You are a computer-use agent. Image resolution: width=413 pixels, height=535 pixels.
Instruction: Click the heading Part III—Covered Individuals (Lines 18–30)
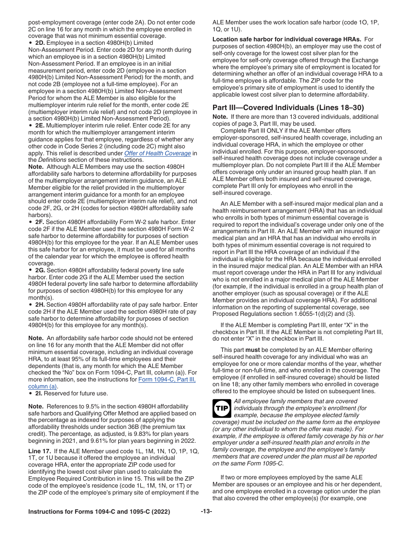[288, 107]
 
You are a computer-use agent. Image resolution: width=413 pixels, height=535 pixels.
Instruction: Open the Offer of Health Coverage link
[157, 153]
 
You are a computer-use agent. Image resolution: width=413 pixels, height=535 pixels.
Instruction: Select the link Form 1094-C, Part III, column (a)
[167, 383]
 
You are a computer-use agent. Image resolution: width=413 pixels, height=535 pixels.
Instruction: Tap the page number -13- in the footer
[206, 512]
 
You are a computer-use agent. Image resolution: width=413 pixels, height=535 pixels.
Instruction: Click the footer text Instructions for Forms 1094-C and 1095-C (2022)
[99, 512]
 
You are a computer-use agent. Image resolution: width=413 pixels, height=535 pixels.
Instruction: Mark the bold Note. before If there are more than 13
[220, 117]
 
